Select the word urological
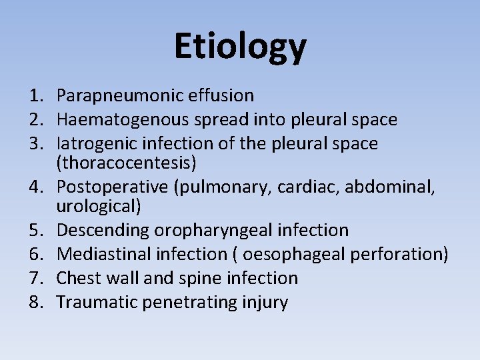click(97, 207)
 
